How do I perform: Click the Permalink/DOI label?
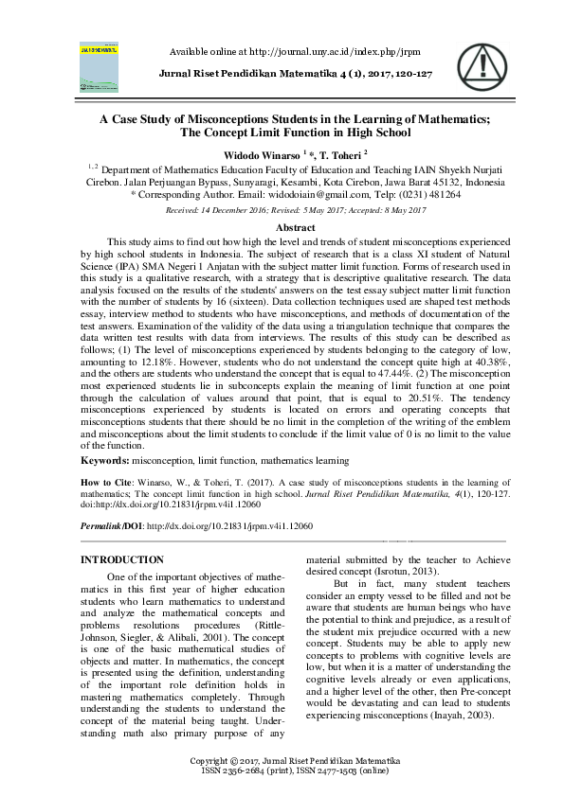[x=111, y=525]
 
